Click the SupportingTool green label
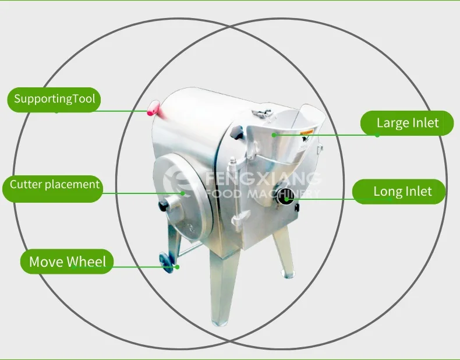[x=54, y=99]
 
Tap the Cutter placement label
[x=55, y=185]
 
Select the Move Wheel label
[x=67, y=262]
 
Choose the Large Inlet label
[x=406, y=123]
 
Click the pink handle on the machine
[x=154, y=107]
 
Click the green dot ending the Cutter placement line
[x=183, y=193]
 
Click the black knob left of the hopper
[x=236, y=133]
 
